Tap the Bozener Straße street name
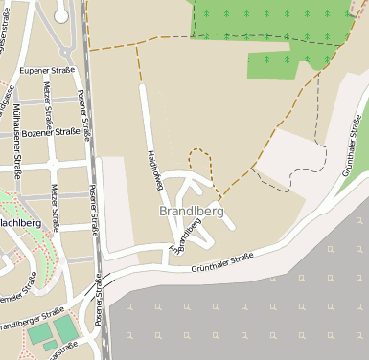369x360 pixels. [50, 132]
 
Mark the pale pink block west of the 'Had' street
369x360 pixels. [114, 204]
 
